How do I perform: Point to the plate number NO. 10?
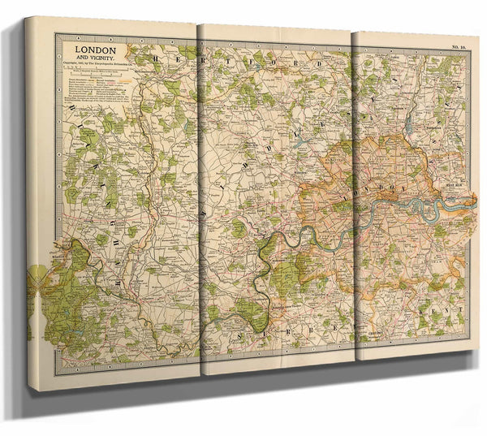coord(458,48)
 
